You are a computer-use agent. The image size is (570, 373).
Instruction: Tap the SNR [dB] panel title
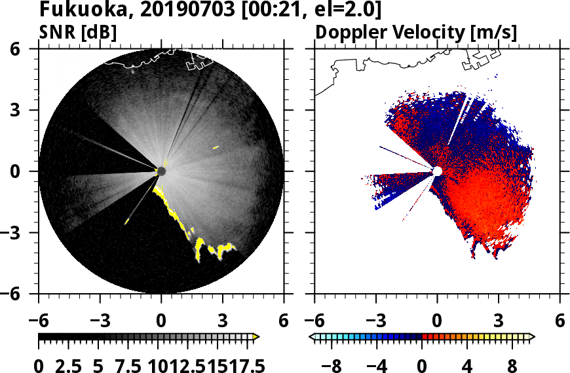tap(78, 32)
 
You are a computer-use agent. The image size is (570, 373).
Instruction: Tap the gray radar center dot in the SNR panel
tap(162, 171)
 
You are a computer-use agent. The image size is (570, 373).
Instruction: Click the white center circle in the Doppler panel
tap(437, 171)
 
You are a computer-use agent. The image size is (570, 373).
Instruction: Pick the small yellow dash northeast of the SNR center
tap(216, 147)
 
